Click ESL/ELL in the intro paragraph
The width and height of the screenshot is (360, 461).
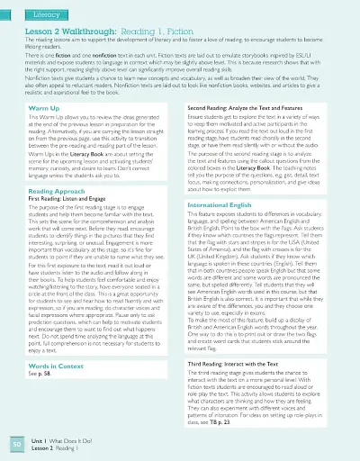click(x=329, y=58)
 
